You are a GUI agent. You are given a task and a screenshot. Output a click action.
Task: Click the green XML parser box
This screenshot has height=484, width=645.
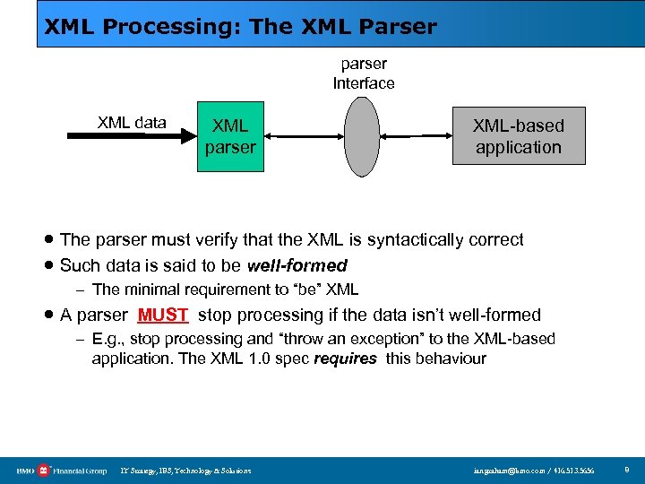pyautogui.click(x=230, y=135)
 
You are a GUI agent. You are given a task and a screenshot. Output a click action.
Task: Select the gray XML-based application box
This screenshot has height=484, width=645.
pyautogui.click(x=519, y=135)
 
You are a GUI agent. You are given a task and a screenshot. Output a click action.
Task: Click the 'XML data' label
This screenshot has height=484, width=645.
pyautogui.click(x=132, y=123)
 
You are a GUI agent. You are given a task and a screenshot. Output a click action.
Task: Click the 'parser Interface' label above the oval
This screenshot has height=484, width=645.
pyautogui.click(x=364, y=73)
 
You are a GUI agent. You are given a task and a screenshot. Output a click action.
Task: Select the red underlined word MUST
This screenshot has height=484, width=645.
pyautogui.click(x=162, y=315)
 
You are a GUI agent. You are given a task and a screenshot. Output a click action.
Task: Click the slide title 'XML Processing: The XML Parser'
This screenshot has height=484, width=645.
pyautogui.click(x=241, y=27)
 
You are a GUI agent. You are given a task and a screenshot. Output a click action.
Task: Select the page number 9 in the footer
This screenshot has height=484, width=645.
pyautogui.click(x=626, y=470)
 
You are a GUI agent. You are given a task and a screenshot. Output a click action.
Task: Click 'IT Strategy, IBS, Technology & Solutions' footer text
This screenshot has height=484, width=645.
pyautogui.click(x=185, y=471)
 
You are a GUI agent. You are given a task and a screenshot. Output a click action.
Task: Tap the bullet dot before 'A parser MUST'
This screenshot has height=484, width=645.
pyautogui.click(x=49, y=315)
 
